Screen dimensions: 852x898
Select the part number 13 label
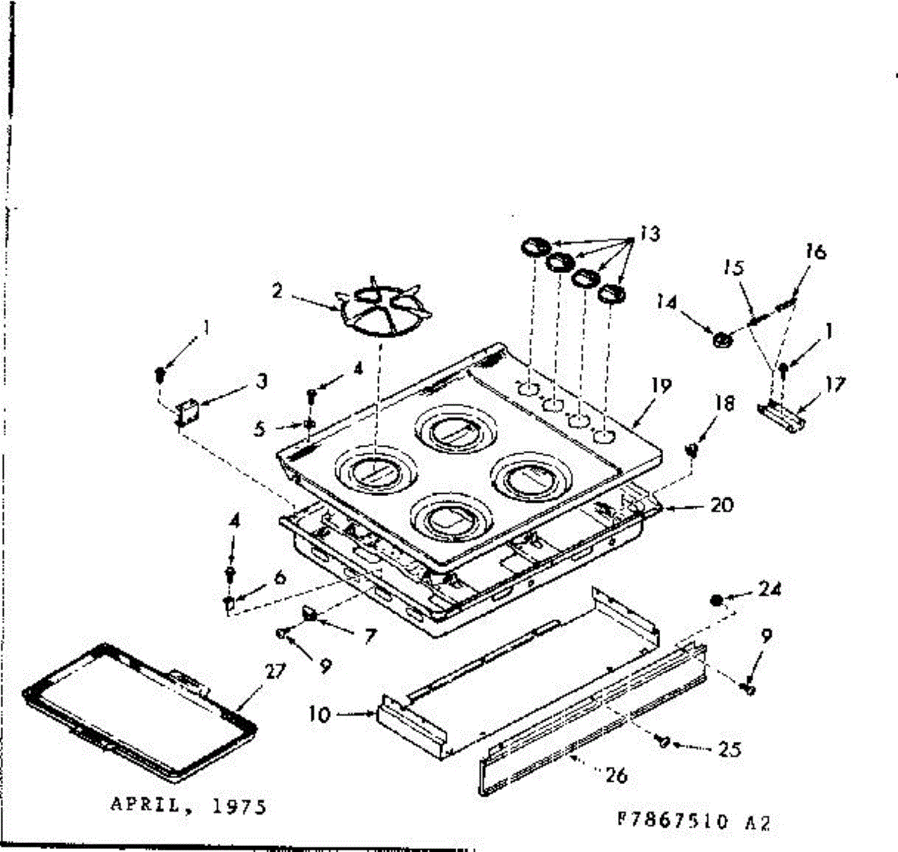[x=650, y=234]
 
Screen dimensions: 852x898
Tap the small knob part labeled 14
[x=722, y=340]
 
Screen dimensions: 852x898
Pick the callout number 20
[x=721, y=505]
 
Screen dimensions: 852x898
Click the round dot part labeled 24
[x=716, y=600]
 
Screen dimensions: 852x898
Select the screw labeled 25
[x=662, y=741]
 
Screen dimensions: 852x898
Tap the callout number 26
[x=616, y=775]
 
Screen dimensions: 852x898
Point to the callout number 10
[x=319, y=714]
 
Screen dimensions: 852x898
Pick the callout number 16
[x=816, y=251]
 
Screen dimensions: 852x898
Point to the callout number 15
[x=735, y=268]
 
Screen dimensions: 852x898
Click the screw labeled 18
[x=692, y=449]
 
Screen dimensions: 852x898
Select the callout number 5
[x=259, y=429]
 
